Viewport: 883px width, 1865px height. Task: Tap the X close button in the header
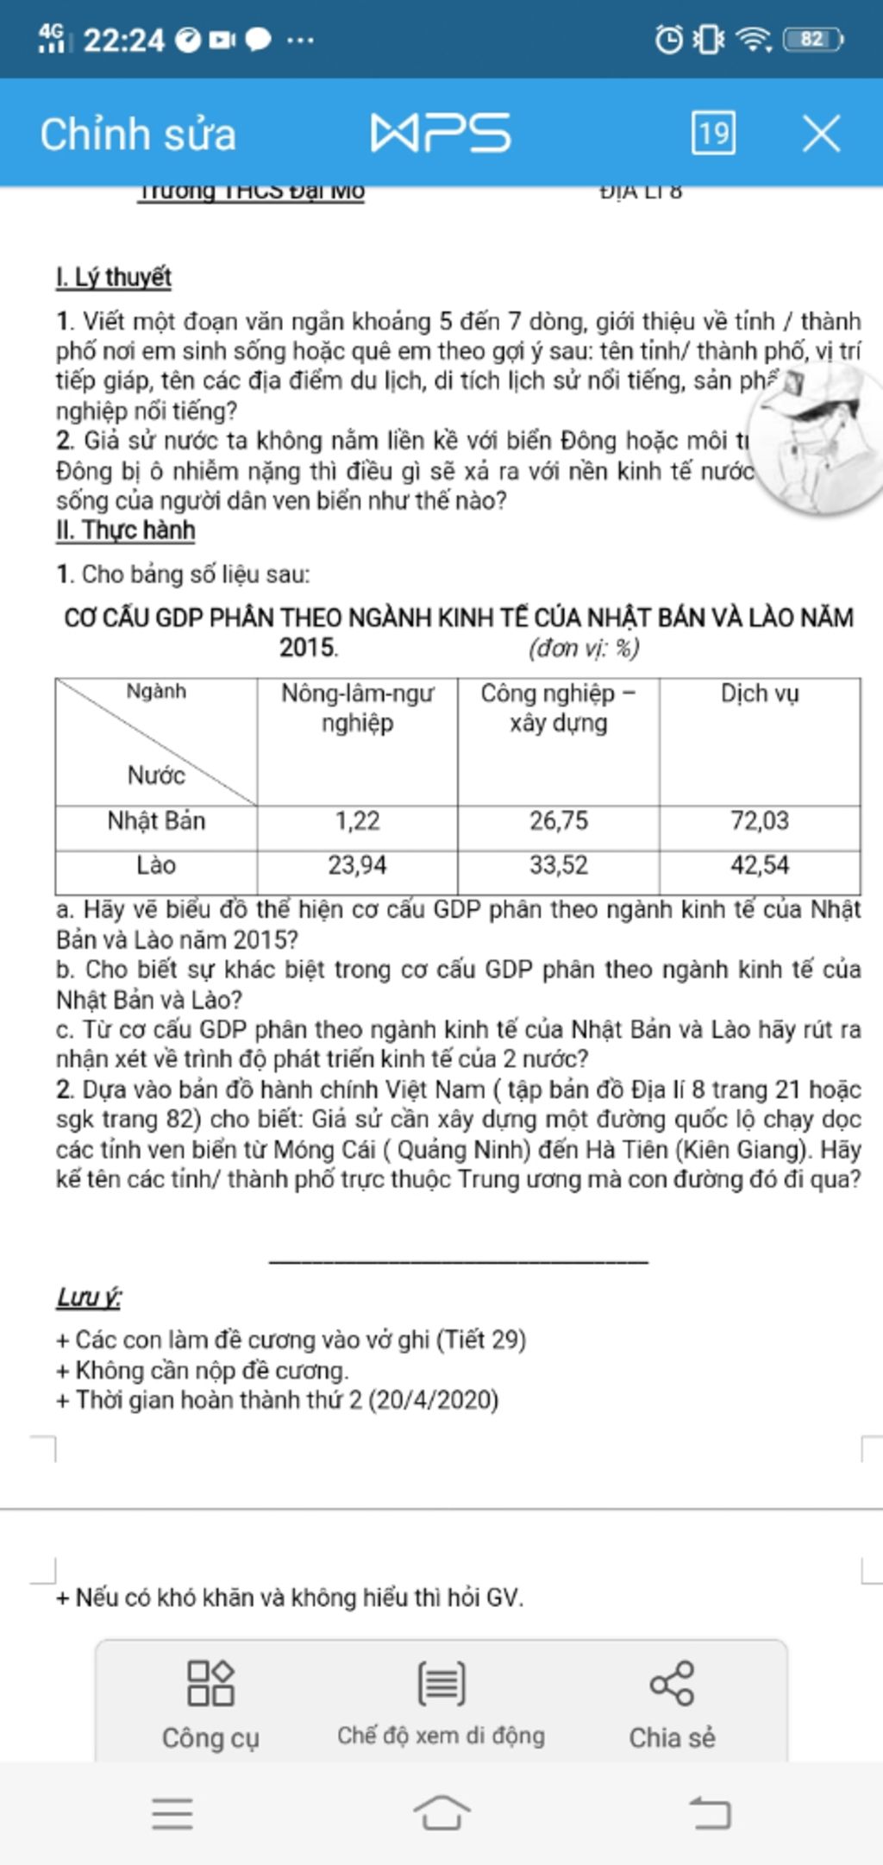click(821, 135)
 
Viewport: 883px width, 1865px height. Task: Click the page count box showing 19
click(713, 133)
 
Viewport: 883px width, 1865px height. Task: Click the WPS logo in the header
click(441, 134)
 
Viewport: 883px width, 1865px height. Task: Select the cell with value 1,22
click(357, 820)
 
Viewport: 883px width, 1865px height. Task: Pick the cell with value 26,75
click(559, 820)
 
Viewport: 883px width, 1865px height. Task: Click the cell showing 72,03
click(760, 820)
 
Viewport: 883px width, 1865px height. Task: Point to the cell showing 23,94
click(357, 865)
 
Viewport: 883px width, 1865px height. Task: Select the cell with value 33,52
click(559, 865)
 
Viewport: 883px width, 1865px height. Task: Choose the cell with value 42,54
click(760, 865)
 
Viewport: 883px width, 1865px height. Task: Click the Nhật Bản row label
click(156, 820)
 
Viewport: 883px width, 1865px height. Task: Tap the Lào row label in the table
click(156, 865)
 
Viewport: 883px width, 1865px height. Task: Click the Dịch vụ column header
click(760, 694)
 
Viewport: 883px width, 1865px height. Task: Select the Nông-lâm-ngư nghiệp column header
click(357, 708)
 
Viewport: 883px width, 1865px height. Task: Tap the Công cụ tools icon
click(210, 1683)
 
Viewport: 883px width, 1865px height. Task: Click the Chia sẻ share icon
click(672, 1683)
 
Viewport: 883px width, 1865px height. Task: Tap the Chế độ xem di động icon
click(441, 1683)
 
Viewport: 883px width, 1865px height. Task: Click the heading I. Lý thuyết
click(114, 278)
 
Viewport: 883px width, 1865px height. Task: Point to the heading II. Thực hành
click(126, 531)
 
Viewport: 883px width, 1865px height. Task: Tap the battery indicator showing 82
click(812, 40)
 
